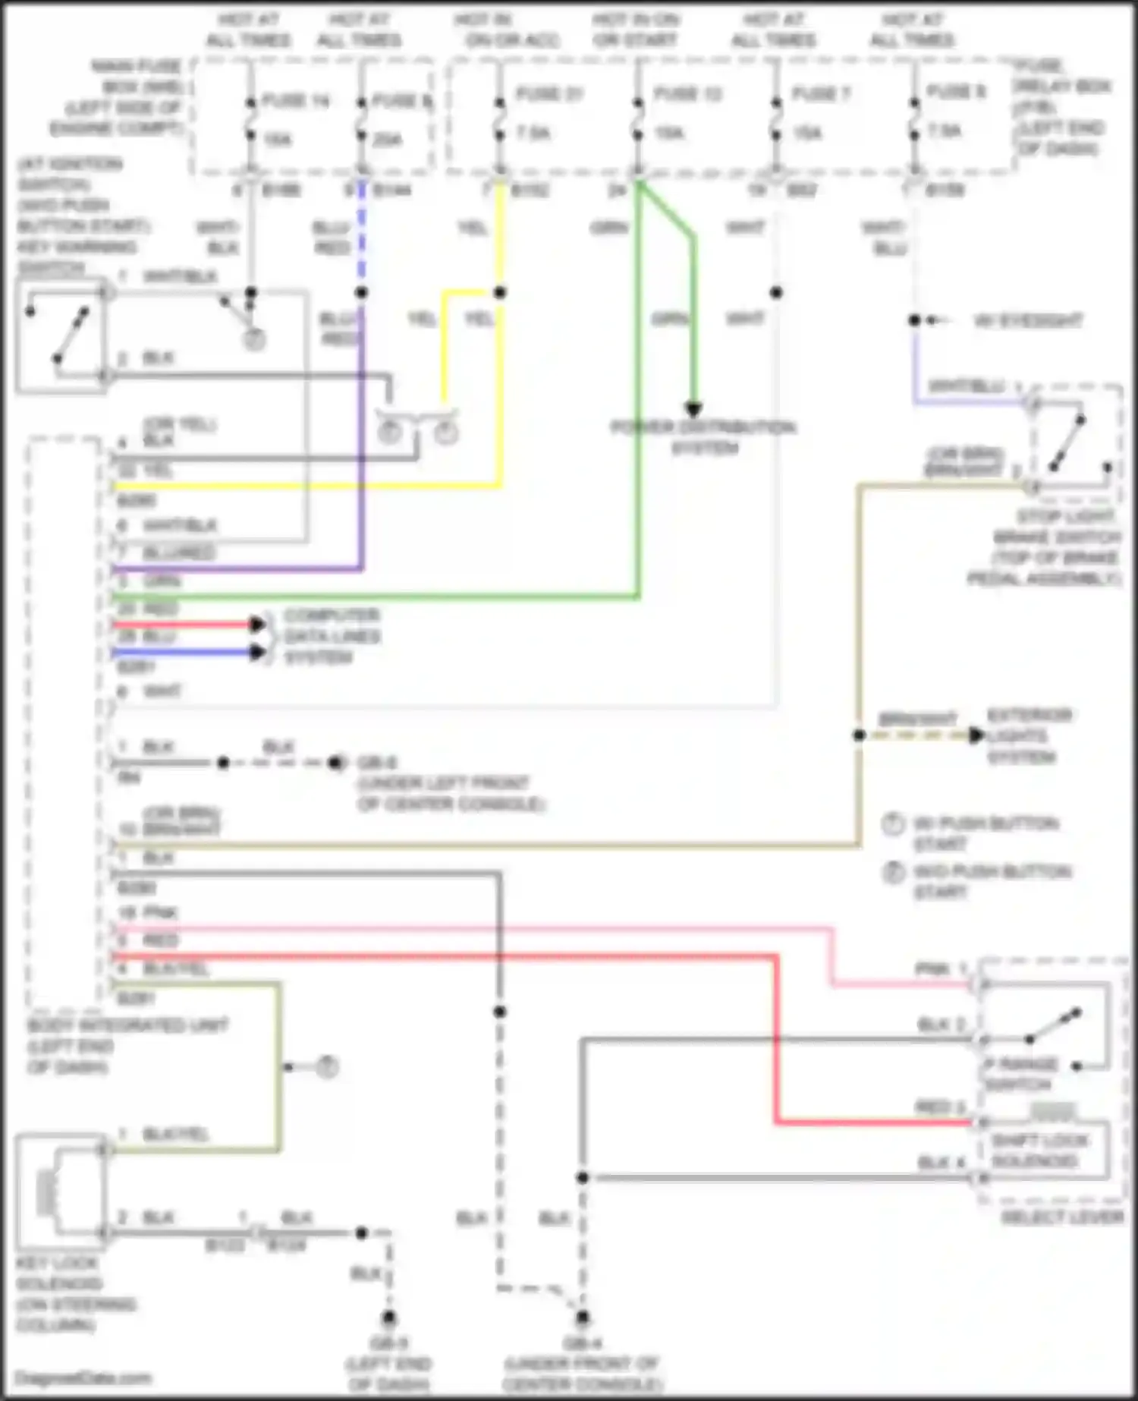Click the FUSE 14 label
click(295, 100)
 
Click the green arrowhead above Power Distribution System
click(693, 409)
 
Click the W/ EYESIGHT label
click(1028, 321)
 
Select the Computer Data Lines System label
click(332, 636)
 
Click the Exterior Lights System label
click(1028, 736)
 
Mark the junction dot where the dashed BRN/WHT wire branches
click(859, 735)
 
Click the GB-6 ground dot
click(335, 763)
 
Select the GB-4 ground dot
click(582, 1317)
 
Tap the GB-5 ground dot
click(388, 1317)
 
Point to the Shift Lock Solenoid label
click(1039, 1151)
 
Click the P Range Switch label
click(1020, 1073)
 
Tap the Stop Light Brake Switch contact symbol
click(1068, 442)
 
